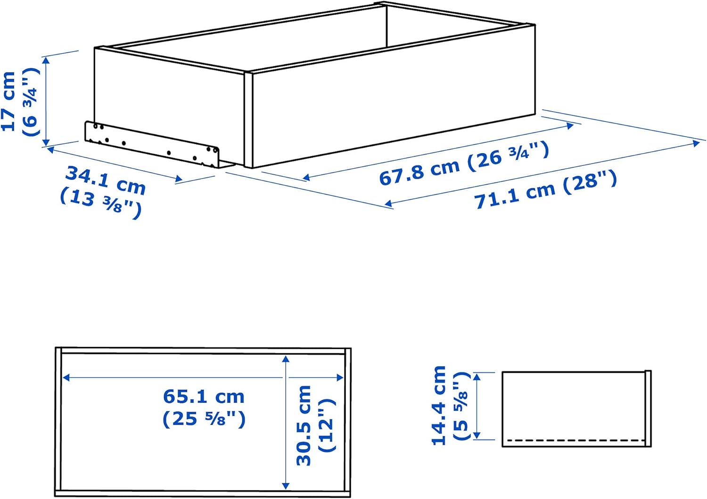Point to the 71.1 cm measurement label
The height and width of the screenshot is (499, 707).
[x=514, y=194]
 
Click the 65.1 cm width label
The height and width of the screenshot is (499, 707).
[x=204, y=397]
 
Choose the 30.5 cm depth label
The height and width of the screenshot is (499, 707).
[x=304, y=425]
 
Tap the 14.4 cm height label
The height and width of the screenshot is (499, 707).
[x=439, y=405]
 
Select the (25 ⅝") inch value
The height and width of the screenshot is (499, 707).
[x=204, y=419]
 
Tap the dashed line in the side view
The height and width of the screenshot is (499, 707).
[x=575, y=441]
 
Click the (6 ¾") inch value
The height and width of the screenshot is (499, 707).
[x=29, y=102]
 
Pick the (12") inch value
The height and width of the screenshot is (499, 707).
[x=327, y=425]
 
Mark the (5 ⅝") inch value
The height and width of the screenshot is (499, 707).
[x=460, y=406]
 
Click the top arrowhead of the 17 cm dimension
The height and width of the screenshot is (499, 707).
[x=46, y=59]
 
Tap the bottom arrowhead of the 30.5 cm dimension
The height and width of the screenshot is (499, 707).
[x=285, y=485]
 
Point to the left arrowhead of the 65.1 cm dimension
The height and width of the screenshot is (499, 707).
[x=66, y=377]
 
